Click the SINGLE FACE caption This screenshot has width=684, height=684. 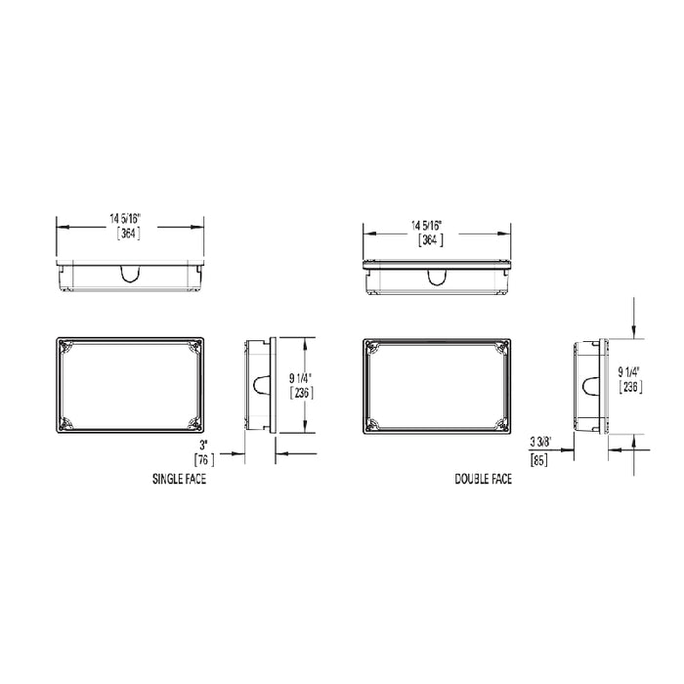(179, 480)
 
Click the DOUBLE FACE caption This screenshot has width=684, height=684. (484, 480)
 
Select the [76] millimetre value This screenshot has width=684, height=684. (204, 458)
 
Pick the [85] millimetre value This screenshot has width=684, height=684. (537, 457)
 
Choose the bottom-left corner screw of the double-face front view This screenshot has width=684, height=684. (371, 424)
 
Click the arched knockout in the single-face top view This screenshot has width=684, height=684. (131, 275)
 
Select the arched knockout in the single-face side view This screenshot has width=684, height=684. (260, 385)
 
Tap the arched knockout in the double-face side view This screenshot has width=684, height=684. (589, 385)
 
